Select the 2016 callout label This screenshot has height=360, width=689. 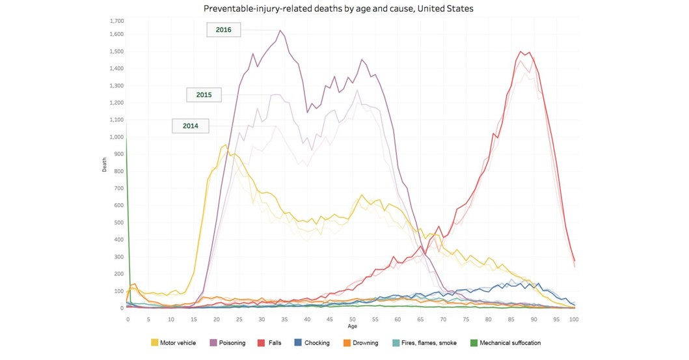click(x=224, y=30)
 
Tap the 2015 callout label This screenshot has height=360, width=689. click(x=204, y=94)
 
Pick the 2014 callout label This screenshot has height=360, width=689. click(x=190, y=126)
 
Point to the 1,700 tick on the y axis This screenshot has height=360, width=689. click(x=116, y=21)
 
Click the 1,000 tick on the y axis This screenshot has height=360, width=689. click(x=116, y=137)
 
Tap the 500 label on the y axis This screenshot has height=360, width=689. click(x=118, y=223)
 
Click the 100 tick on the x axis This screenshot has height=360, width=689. click(x=574, y=320)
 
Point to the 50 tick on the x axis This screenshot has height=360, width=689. click(x=351, y=320)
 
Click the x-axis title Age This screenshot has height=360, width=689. click(x=351, y=327)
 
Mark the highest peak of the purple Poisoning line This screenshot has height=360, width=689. click(x=280, y=31)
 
